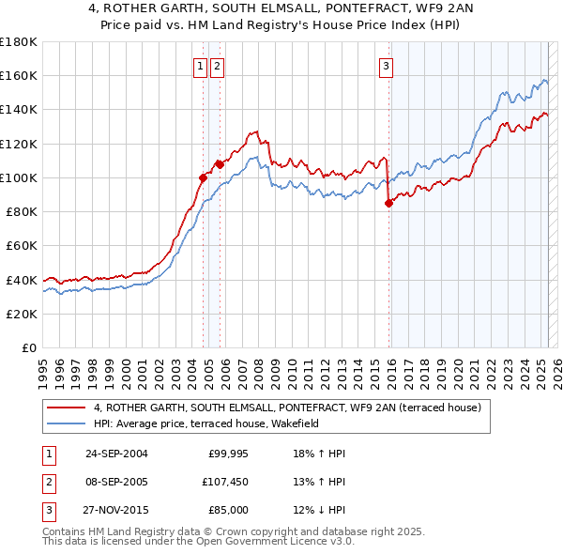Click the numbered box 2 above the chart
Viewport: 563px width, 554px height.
pos(217,66)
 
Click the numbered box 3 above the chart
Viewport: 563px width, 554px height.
pos(386,66)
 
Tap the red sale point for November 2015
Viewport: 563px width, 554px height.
pos(388,203)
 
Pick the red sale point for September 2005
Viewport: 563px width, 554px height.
pos(219,164)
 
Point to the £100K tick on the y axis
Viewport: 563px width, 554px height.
pos(19,177)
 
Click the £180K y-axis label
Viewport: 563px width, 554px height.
pos(19,42)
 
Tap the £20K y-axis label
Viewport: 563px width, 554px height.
pos(22,314)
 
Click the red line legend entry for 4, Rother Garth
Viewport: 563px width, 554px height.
pos(287,408)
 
